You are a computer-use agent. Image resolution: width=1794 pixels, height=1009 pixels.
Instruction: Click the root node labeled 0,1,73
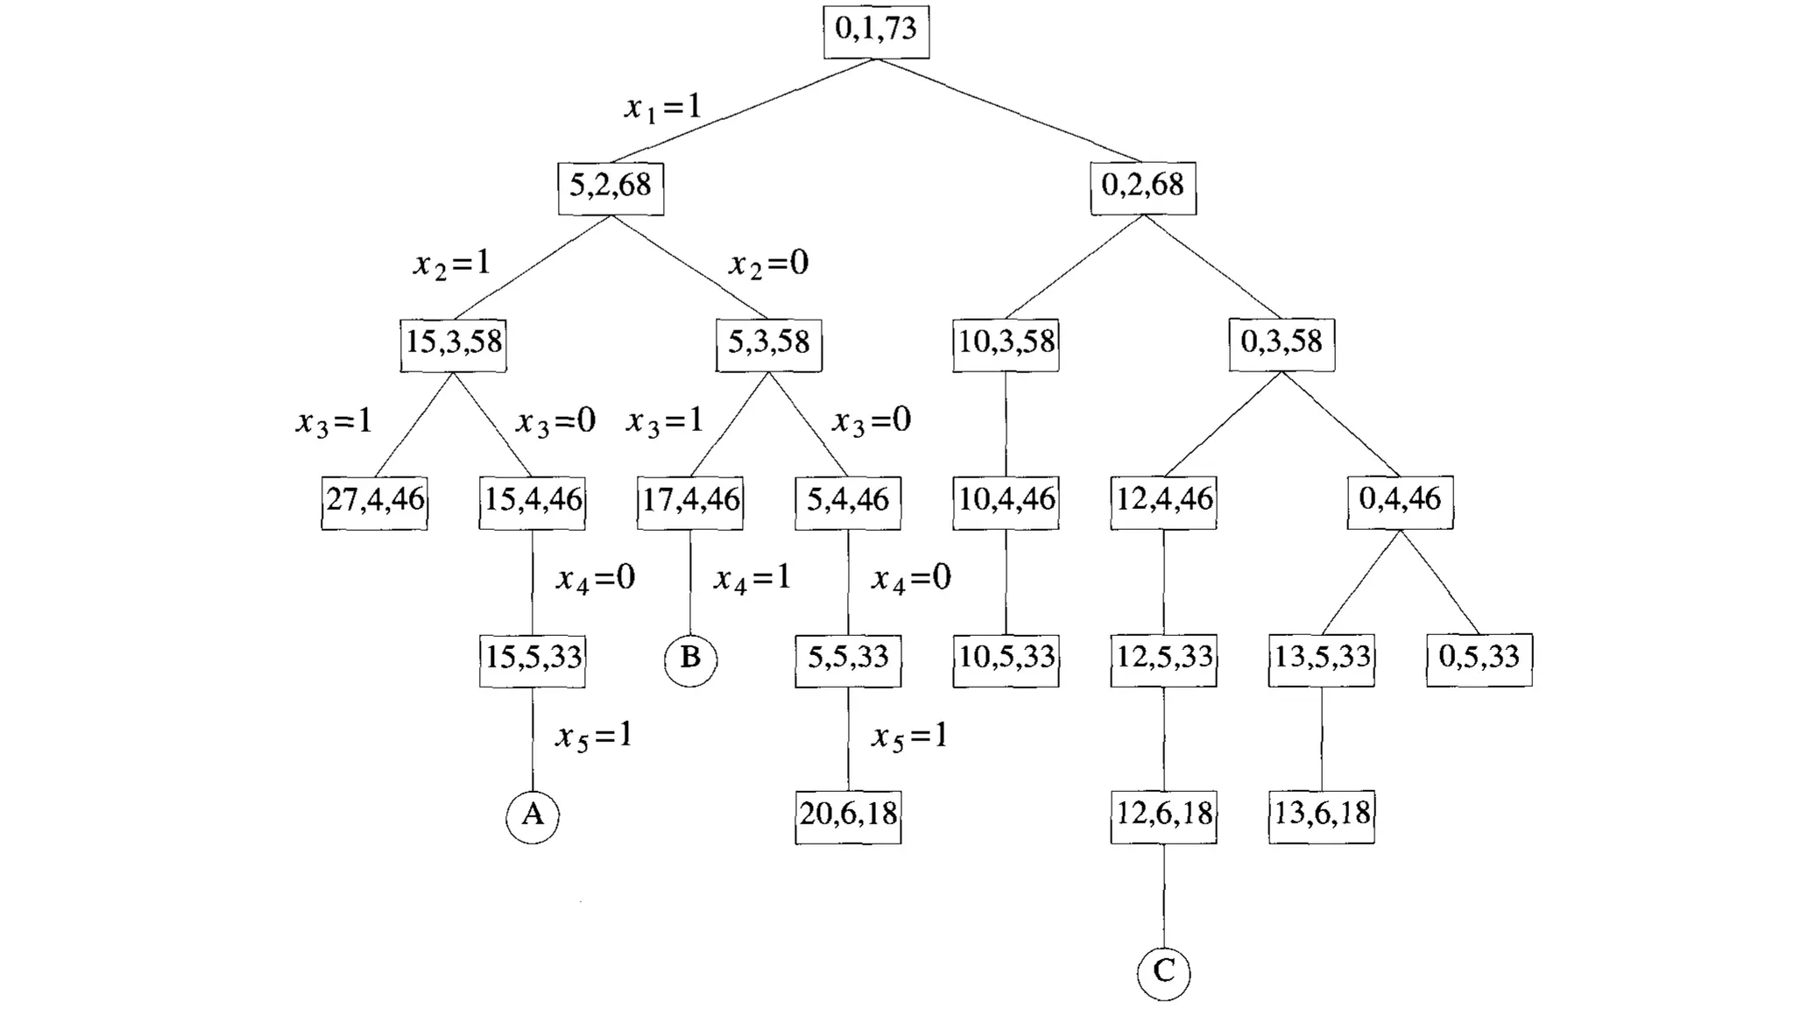coord(876,32)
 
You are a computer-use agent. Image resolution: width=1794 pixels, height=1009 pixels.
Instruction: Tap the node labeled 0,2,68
coord(1142,187)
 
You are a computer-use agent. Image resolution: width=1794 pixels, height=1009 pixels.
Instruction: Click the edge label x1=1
coord(663,108)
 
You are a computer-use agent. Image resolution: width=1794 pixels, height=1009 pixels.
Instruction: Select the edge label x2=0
coord(768,264)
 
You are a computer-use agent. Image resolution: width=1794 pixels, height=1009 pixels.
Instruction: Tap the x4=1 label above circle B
coord(752,579)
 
